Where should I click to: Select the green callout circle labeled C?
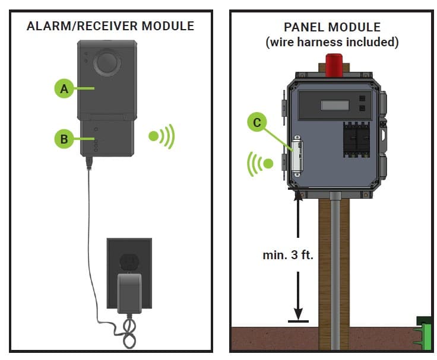pos(256,122)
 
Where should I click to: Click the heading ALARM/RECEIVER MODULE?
pos(110,26)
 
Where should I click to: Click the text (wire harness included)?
pos(332,42)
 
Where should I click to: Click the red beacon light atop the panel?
pos(332,65)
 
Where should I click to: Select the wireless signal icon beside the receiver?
pos(161,136)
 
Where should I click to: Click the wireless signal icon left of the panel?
pos(261,163)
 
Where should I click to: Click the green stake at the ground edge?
pos(424,333)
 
